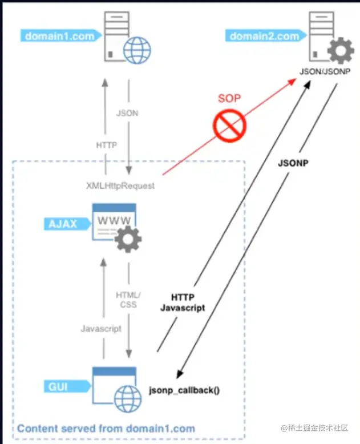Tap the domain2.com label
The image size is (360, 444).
coord(264,36)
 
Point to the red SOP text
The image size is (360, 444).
coord(229,98)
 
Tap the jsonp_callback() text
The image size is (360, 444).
coord(184,391)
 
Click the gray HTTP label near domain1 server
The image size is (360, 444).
coord(106,146)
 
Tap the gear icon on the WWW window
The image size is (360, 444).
coord(128,240)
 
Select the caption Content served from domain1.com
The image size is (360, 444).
coord(106,428)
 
